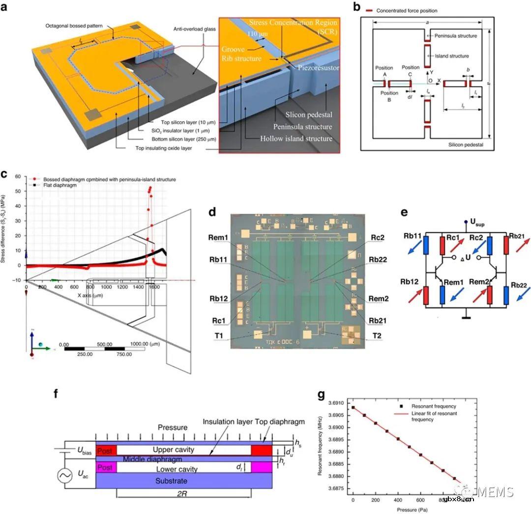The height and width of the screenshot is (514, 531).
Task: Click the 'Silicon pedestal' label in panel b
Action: click(466, 144)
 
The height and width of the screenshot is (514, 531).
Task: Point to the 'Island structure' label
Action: click(448, 56)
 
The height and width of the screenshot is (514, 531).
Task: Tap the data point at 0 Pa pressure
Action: click(353, 407)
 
